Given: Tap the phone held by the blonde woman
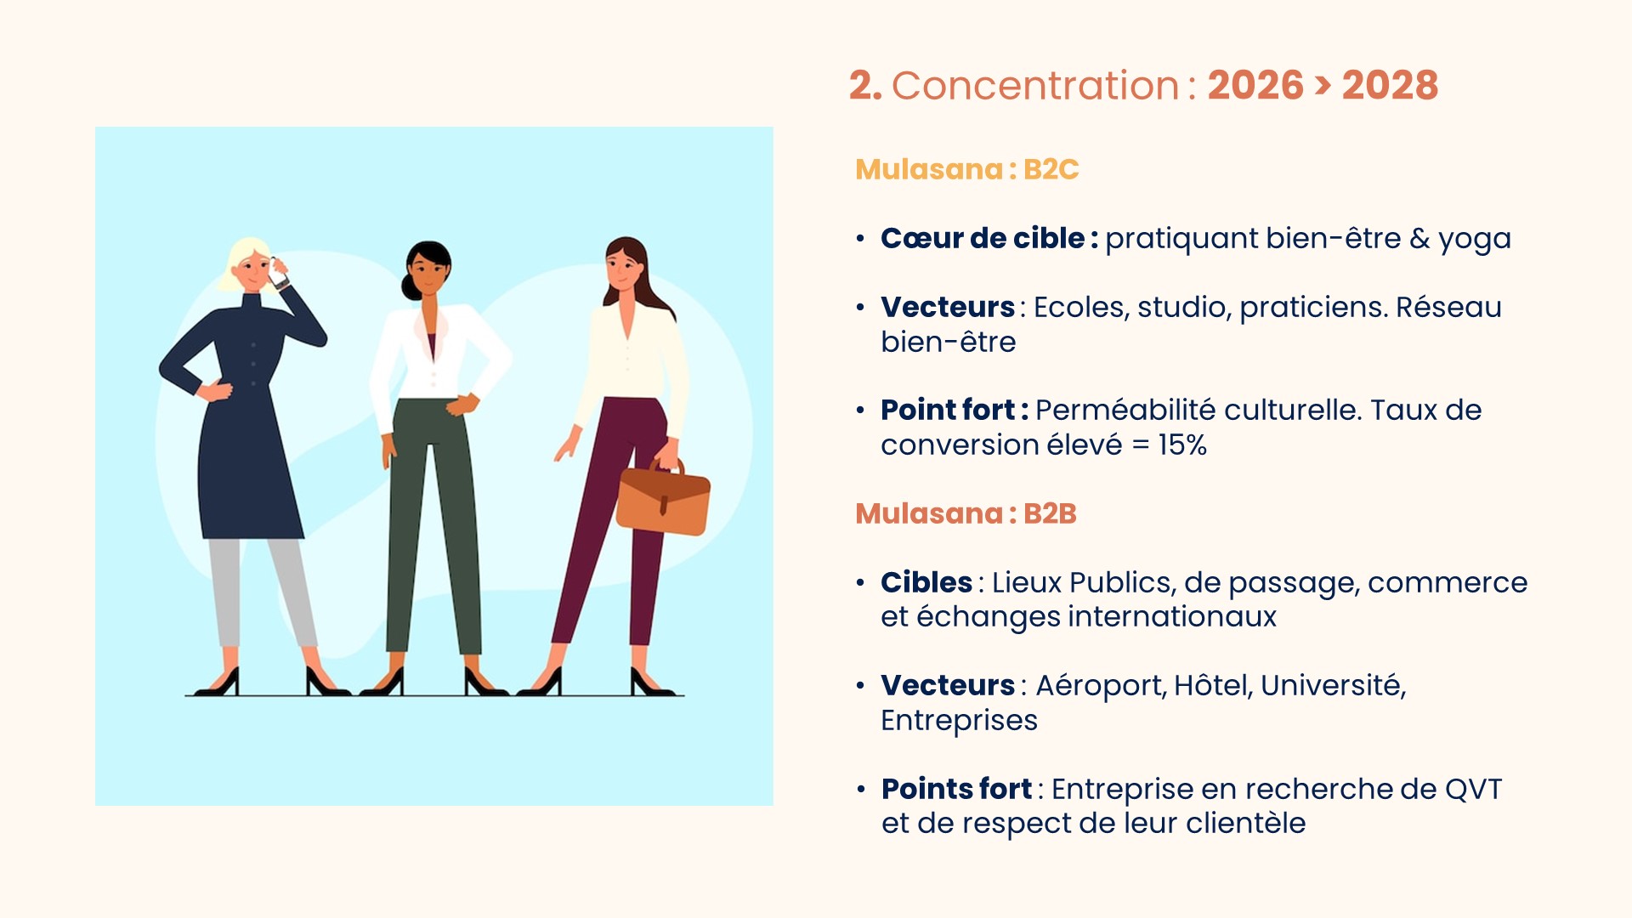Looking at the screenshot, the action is coord(278,273).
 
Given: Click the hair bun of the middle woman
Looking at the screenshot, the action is coord(411,286).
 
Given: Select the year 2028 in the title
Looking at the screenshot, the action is coord(1390,85).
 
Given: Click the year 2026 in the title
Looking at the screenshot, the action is coord(1255,85).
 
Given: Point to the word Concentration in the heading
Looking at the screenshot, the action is coord(1035,86).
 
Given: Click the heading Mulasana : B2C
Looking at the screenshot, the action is coord(966,169).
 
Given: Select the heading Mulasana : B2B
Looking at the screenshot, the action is coord(966,513).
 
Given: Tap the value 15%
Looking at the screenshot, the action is coord(1182,445).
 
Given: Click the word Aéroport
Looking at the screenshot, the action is coord(1099,685).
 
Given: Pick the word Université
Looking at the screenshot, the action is coord(1333,685).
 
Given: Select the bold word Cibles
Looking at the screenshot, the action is coord(926,582).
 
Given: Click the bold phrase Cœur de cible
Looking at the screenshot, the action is coord(983,238).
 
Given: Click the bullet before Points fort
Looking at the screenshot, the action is coord(861,790).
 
